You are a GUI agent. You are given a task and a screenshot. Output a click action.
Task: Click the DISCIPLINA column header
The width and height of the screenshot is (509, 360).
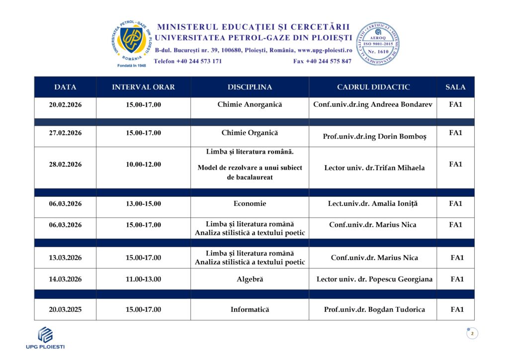(250, 87)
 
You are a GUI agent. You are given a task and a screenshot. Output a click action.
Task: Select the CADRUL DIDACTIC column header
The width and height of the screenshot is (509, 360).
(373, 87)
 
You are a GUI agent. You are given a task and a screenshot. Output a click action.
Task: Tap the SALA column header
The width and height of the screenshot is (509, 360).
(455, 87)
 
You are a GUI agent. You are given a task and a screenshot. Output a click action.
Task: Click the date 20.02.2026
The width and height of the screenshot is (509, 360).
(65, 105)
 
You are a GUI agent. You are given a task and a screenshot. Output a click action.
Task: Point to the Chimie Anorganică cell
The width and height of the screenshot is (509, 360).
(250, 105)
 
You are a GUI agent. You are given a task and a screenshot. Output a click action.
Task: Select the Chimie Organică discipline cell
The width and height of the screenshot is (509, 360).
(250, 133)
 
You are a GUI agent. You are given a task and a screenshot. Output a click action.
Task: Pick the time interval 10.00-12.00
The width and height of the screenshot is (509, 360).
(143, 165)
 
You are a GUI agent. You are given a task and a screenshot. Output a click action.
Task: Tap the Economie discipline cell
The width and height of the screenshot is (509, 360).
(250, 203)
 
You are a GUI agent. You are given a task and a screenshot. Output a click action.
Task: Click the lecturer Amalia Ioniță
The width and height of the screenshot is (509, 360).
(373, 203)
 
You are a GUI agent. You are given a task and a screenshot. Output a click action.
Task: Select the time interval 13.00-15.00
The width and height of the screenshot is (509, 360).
(143, 203)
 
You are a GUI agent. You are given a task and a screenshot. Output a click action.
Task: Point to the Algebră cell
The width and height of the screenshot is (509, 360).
(250, 279)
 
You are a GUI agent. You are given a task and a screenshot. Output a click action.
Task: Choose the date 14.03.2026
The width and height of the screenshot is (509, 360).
(65, 279)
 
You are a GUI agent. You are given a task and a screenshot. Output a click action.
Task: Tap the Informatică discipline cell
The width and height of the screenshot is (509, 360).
(250, 310)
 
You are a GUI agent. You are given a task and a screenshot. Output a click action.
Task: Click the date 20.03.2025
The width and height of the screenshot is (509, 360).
(65, 310)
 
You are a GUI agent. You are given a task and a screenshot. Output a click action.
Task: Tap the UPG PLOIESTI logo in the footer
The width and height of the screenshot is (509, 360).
(45, 338)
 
